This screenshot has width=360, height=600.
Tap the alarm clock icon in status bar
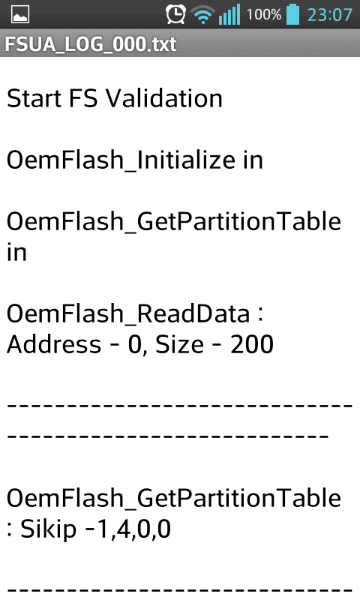(x=175, y=14)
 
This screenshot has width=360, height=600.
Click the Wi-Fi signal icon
(x=202, y=15)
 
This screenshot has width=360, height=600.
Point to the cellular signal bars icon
(x=229, y=14)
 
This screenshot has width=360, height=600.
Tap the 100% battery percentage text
(x=264, y=15)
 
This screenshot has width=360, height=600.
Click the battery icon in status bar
(x=292, y=14)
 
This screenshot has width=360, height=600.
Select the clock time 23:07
(x=330, y=15)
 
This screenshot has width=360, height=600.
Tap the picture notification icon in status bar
(x=20, y=15)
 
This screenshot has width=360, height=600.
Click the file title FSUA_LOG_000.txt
(x=91, y=44)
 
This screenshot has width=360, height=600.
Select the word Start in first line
(x=34, y=98)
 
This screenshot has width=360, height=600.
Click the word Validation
(x=164, y=98)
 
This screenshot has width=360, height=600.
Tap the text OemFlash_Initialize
(x=121, y=160)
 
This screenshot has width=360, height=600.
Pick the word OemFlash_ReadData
(x=128, y=313)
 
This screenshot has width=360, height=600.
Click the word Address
(x=54, y=344)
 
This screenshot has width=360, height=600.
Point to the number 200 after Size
(x=252, y=344)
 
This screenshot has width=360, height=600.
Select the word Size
(x=179, y=344)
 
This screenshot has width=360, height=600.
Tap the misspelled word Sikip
(x=48, y=529)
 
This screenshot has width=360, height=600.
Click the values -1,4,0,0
(x=128, y=529)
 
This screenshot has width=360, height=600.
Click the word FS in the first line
(x=83, y=98)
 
